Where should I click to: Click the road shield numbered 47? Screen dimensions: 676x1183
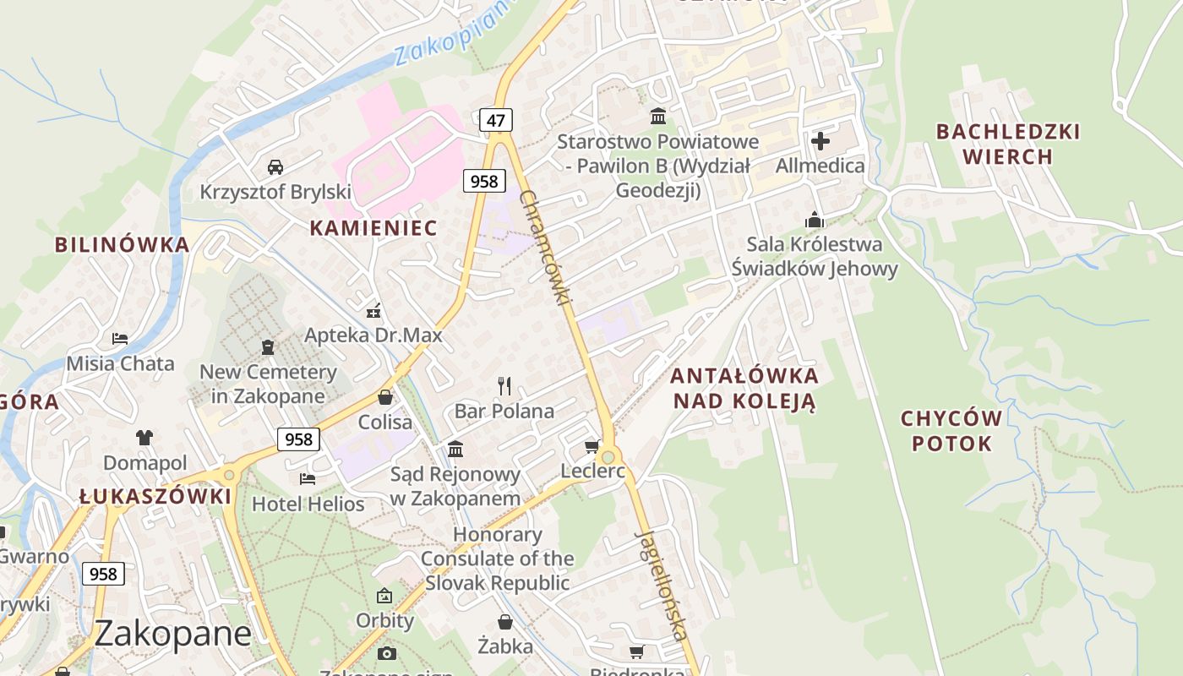click(495, 120)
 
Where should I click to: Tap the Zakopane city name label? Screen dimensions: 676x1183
click(172, 633)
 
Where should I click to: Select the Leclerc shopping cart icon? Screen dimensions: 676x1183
click(591, 446)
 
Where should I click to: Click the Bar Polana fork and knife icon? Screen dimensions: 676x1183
click(504, 386)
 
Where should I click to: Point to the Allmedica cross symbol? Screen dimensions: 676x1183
click(820, 141)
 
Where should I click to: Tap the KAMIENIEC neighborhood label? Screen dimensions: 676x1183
click(373, 227)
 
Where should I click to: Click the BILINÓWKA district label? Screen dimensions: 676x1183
click(122, 245)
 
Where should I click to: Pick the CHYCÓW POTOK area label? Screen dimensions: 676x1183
click(951, 431)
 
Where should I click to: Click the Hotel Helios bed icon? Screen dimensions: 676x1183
click(308, 479)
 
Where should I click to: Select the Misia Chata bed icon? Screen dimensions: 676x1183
click(120, 339)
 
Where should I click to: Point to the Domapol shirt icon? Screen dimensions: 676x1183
click(144, 438)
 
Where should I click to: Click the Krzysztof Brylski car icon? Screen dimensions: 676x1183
click(275, 167)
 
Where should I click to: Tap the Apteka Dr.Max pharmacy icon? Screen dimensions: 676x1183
click(373, 310)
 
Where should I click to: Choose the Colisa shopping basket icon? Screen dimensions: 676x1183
click(385, 397)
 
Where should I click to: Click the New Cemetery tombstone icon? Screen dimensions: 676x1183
click(268, 346)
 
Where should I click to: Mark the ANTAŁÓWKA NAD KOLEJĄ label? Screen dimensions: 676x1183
click(744, 388)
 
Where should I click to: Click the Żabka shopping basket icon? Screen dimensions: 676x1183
click(504, 622)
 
